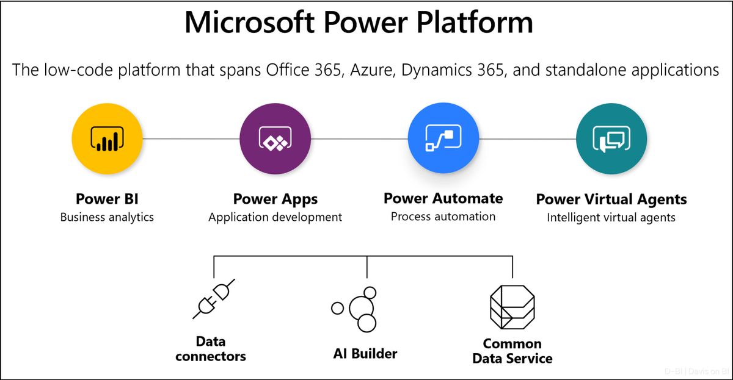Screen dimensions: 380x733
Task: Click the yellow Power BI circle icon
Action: tap(107, 139)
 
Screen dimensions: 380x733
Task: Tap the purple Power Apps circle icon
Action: tap(275, 139)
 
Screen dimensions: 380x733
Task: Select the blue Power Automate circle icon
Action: tap(443, 139)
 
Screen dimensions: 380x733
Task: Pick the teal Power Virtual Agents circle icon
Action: tap(611, 139)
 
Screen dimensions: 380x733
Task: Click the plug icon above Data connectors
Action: tap(214, 298)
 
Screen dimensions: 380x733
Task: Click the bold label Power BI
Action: tap(107, 199)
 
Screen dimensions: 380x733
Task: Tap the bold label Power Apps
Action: tap(275, 199)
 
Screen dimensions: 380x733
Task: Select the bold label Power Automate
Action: tap(443, 198)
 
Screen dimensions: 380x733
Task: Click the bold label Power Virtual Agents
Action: tap(611, 199)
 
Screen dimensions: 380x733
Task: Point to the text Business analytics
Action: tap(107, 217)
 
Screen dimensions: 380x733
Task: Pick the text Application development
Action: tap(275, 217)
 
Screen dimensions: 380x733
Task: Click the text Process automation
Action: tap(443, 216)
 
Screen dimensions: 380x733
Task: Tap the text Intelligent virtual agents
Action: tap(611, 217)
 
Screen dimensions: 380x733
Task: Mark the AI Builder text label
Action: tap(365, 353)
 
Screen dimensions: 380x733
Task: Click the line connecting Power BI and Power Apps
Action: tap(191, 139)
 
